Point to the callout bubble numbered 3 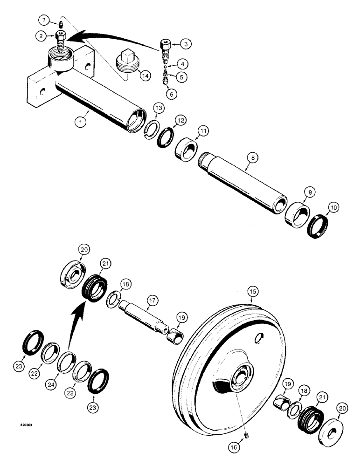pyautogui.click(x=185, y=44)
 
